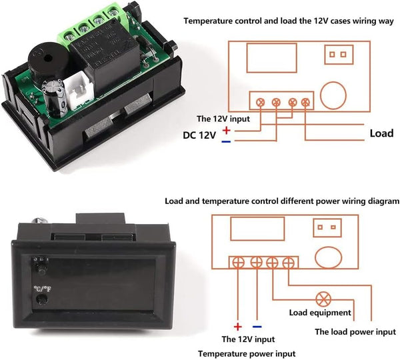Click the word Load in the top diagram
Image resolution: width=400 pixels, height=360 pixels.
point(381,133)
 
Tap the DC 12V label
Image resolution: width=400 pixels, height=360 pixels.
point(200,135)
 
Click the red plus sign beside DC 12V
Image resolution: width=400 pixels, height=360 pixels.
point(227,130)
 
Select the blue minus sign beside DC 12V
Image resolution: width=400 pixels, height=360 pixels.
point(227,141)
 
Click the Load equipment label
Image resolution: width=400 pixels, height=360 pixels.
point(319,312)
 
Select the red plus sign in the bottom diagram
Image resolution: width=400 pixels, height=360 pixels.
point(236,327)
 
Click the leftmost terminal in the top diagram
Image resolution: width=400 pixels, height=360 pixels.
point(261,103)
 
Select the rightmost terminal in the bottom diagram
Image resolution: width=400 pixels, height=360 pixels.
point(287,263)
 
